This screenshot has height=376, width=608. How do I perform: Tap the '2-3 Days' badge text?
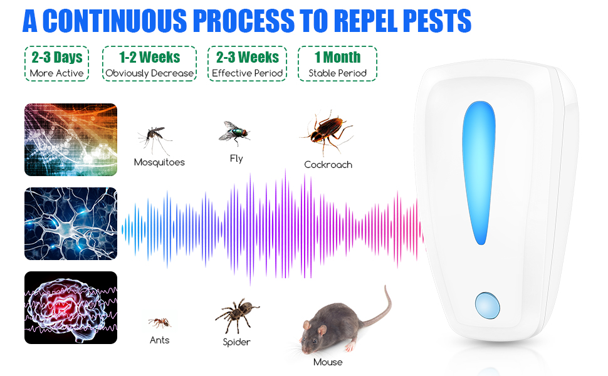pos(57,58)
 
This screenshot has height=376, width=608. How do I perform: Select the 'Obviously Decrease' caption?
pos(149,73)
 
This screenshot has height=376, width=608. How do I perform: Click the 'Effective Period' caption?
pos(247,73)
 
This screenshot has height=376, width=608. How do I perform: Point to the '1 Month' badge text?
pos(337,58)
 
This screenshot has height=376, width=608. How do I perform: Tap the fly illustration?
pos(234,132)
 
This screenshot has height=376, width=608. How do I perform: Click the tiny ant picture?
pos(159,322)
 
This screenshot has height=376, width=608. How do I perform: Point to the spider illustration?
pos(236,315)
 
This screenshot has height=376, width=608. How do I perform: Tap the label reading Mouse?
pos(328,362)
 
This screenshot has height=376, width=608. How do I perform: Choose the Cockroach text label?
pos(328,165)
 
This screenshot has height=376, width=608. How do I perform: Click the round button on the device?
pos(488,305)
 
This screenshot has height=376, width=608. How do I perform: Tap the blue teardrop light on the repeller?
pos(480,172)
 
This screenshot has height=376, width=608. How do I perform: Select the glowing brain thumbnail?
pos(71,308)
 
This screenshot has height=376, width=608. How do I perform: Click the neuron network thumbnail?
pos(71,224)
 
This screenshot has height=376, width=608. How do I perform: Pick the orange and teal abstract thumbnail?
pos(71,140)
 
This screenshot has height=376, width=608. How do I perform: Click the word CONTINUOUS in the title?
pos(115,21)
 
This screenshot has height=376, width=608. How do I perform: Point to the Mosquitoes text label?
pos(159,162)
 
